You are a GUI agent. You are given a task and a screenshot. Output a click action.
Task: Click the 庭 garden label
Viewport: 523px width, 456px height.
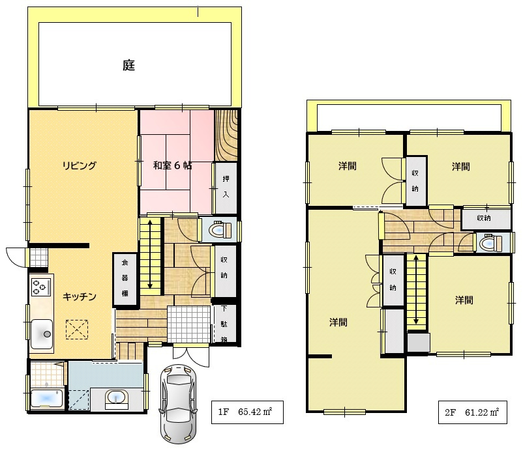click(128, 65)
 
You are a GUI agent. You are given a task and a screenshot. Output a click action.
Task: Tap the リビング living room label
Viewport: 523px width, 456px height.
click(80, 165)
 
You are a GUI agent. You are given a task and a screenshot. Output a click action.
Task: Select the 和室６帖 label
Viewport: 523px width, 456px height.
click(172, 165)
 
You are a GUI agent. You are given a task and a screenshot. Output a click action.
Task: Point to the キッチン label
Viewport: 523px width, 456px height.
click(80, 296)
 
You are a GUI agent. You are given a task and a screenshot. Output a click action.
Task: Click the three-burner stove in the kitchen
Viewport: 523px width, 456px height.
click(40, 287)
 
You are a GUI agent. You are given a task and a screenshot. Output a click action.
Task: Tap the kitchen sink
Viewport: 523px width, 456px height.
click(42, 334)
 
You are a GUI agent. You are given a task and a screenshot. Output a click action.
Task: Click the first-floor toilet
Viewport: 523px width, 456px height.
click(220, 229)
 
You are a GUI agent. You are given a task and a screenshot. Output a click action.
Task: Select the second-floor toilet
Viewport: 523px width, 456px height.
click(490, 243)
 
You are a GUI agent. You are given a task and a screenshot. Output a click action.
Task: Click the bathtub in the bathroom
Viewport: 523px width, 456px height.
click(46, 399)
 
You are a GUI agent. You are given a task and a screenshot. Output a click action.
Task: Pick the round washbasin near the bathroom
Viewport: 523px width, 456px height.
click(116, 398)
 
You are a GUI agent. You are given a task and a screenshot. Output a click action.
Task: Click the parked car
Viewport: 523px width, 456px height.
click(178, 404)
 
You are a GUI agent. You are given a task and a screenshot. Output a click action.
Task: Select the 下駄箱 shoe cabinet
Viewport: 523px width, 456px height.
click(224, 324)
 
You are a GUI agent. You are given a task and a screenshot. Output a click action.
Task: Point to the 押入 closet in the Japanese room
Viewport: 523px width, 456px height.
click(226, 188)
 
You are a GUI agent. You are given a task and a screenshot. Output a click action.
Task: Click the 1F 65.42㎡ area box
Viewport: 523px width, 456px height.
click(247, 412)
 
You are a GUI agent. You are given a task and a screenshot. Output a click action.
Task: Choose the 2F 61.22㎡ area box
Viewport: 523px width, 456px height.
click(473, 412)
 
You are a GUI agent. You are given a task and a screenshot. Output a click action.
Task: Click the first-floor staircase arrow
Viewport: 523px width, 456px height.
click(150, 254)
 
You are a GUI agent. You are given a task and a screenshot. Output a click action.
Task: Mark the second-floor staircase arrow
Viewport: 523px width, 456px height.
click(416, 290)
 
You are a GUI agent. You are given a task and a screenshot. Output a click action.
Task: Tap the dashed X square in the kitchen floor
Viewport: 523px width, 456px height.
click(77, 330)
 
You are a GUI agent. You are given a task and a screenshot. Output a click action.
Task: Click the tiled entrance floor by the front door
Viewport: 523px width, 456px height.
click(189, 324)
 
